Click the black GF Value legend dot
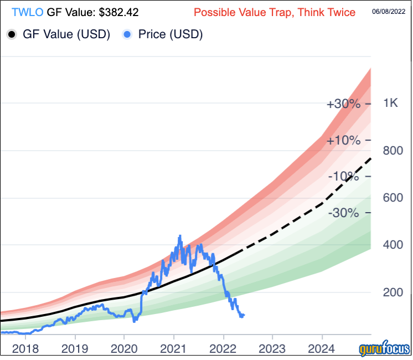12,34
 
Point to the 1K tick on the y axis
391,104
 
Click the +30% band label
344,105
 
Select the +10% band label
344,141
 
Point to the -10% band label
344,177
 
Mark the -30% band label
344,213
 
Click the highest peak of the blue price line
179,237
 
